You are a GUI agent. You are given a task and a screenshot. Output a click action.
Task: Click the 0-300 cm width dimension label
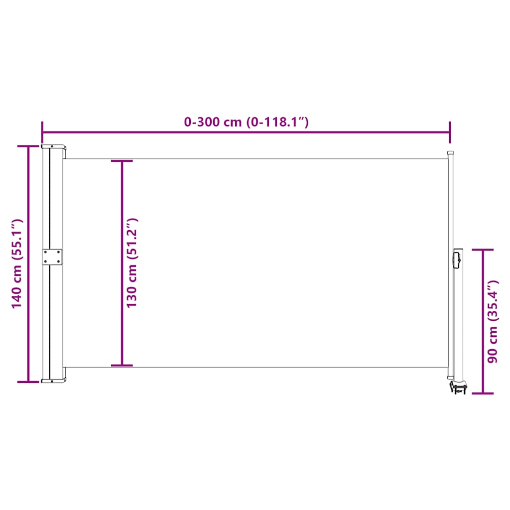(247, 122)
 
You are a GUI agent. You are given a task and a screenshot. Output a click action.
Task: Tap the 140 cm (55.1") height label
(17, 264)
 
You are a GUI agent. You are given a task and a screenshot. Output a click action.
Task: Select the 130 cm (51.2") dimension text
(132, 262)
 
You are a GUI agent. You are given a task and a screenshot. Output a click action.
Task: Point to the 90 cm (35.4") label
(493, 321)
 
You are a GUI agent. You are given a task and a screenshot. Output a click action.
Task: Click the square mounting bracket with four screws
(52, 257)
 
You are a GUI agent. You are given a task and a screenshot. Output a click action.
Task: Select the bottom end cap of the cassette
(54, 381)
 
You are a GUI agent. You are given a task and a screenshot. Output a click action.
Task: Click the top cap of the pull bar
(450, 153)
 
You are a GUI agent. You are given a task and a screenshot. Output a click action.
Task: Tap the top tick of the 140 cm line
(28, 146)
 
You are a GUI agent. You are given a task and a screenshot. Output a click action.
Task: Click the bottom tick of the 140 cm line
(28, 382)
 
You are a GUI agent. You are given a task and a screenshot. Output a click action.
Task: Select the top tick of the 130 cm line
(122, 161)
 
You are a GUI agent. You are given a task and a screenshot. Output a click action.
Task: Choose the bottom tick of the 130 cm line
(122, 366)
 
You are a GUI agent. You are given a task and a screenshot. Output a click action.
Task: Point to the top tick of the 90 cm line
(483, 250)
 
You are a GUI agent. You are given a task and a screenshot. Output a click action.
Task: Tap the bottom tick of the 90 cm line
(483, 393)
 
